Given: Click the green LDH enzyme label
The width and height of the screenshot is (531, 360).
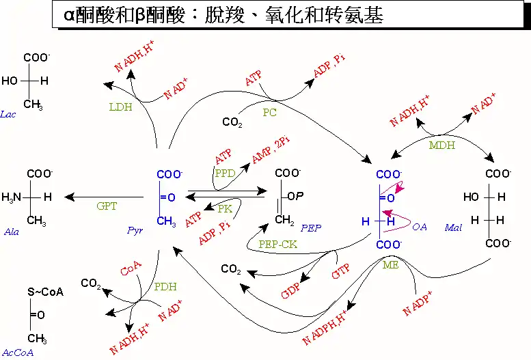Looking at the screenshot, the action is click(120, 107).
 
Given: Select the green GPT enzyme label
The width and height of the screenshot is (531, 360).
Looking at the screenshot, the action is click(107, 206).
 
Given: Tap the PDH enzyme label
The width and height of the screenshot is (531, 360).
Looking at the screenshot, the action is click(165, 286).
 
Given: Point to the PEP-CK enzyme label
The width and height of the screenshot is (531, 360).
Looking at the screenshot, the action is click(277, 244).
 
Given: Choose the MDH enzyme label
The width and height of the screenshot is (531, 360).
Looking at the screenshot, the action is click(442, 146).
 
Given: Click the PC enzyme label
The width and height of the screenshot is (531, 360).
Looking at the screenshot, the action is click(269, 113).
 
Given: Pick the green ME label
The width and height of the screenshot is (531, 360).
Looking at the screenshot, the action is click(390, 265).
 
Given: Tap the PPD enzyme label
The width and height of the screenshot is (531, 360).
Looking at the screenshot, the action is click(226, 173).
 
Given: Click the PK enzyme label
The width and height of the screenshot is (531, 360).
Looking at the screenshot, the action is click(225, 208).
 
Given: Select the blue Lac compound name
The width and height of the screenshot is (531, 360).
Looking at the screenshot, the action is click(8, 114).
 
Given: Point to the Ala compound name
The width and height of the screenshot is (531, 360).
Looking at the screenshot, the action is click(12, 232).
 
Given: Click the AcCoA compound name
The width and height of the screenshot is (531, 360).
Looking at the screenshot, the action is click(18, 352).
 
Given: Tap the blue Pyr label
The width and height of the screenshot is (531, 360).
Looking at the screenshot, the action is click(135, 231).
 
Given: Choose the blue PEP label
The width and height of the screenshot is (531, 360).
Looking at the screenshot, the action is click(311, 228).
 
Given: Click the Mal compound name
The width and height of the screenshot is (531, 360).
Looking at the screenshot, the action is click(453, 227).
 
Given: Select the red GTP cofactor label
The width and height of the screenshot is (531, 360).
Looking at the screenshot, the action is click(341, 271).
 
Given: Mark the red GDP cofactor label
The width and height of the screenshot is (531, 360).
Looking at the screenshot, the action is click(290, 290).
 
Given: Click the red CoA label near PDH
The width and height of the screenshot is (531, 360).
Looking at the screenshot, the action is click(131, 268).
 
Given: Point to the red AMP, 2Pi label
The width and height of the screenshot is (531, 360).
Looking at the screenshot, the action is click(271, 150).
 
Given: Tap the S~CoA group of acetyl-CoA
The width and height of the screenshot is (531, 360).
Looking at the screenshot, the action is click(45, 292).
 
